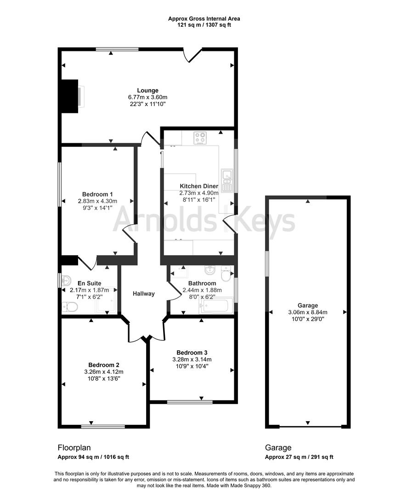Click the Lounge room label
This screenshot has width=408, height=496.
pyautogui.click(x=147, y=90)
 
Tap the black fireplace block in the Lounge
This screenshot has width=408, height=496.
pyautogui.click(x=70, y=95)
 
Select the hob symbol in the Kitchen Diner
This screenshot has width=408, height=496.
pyautogui.click(x=200, y=138)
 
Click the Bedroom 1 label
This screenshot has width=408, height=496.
pyautogui.click(x=97, y=194)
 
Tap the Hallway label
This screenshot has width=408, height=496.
pyautogui.click(x=144, y=294)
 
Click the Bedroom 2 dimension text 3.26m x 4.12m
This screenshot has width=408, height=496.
pyautogui.click(x=104, y=372)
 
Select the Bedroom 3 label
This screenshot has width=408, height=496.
pyautogui.click(x=192, y=352)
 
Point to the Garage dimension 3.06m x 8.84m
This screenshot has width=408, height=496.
pyautogui.click(x=307, y=312)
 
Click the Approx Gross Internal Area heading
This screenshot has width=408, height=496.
pyautogui.click(x=204, y=19)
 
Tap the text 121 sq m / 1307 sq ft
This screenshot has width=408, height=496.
pyautogui.click(x=204, y=25)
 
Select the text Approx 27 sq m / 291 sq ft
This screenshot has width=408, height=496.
pyautogui.click(x=299, y=457)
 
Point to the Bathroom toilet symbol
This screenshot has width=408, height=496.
pyautogui.click(x=226, y=275)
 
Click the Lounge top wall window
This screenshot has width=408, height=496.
pyautogui.click(x=117, y=49)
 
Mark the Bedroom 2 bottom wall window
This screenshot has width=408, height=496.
pyautogui.click(x=103, y=426)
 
